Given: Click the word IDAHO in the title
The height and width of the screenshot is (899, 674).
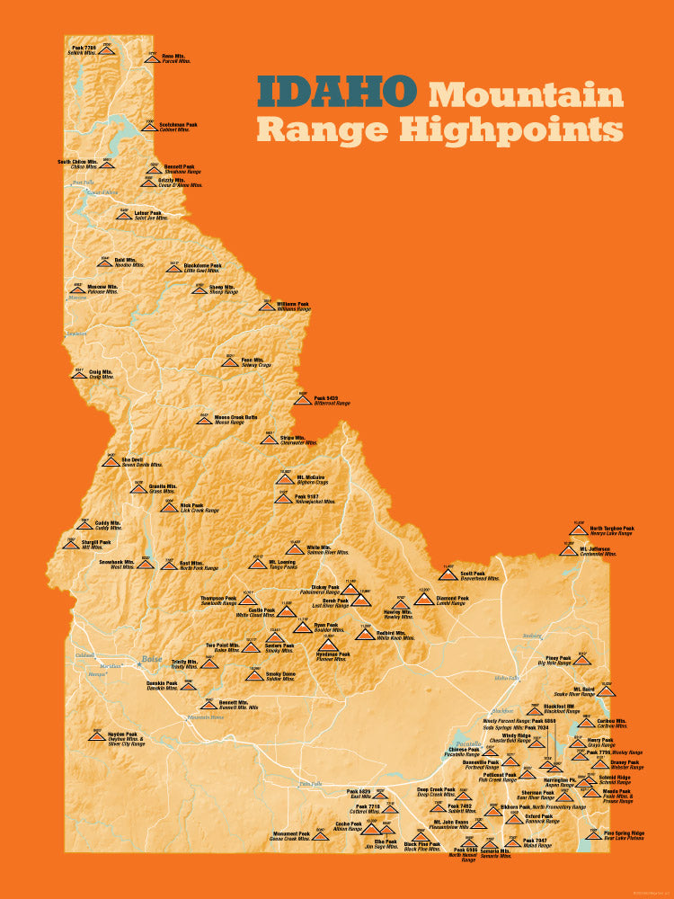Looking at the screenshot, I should tap(337, 91).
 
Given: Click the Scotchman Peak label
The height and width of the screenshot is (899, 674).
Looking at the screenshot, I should tap(178, 125).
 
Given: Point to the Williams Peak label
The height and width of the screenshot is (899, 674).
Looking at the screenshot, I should tap(293, 304).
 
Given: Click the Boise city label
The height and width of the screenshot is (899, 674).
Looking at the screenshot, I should tap(150, 660).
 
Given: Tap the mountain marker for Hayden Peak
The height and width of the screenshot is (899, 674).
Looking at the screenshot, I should tap(96, 736).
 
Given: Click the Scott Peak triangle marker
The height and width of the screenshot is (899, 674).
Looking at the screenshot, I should tap(447, 574).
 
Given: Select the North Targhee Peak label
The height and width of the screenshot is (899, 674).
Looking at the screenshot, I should tap(611, 529).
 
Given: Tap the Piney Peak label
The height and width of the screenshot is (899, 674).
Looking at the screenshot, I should tap(558, 657).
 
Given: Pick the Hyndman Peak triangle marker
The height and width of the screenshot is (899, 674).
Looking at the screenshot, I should tap(328, 644).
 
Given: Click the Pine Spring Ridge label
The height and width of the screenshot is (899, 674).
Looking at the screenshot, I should tap(623, 833).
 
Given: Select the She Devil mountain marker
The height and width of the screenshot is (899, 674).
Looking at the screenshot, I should tap(111, 462).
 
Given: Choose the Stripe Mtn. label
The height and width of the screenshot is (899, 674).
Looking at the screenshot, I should tap(293, 438).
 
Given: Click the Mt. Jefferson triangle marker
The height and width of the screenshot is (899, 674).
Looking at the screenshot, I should tap(568, 549).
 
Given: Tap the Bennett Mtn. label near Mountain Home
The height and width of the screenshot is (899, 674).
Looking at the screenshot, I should tap(234, 702).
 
